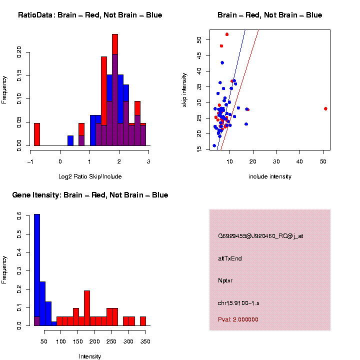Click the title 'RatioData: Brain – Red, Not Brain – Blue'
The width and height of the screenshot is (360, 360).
90,15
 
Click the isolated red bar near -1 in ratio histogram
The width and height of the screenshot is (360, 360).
37,134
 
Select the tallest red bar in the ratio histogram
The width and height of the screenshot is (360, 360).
115,90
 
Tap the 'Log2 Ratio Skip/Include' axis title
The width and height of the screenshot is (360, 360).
90,176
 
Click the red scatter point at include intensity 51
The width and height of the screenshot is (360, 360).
325,108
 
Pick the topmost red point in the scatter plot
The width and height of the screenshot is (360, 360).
227,34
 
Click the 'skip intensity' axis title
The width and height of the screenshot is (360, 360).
184,89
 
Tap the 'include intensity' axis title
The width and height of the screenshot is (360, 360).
270,176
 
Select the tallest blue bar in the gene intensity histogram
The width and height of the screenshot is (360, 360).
37,269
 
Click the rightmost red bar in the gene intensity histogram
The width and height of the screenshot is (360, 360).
142,321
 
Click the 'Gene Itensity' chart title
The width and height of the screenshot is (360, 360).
90,195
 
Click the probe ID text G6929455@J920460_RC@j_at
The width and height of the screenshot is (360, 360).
260,236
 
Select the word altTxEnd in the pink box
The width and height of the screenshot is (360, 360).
230,258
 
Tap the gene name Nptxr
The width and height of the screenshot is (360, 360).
225,280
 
